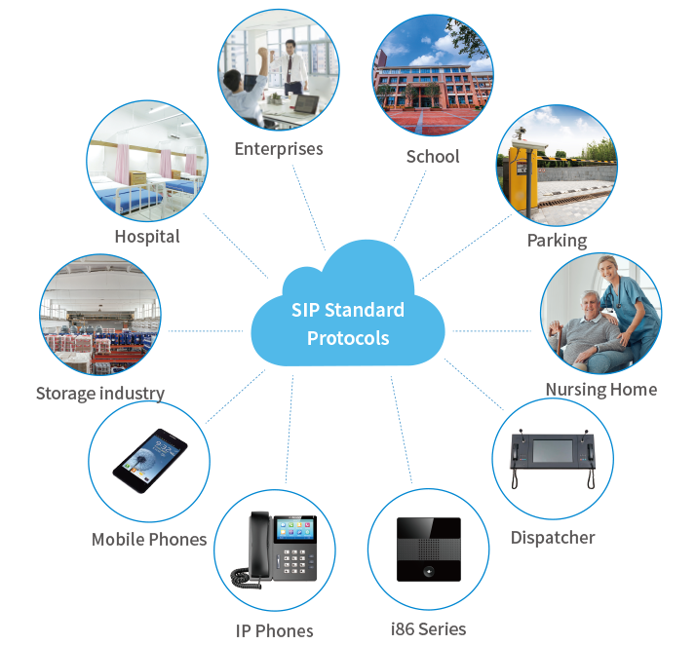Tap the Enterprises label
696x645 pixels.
278,149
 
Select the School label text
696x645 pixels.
432,156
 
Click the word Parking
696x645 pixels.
557,240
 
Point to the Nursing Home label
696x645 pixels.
600,390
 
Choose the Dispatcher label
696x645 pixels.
553,537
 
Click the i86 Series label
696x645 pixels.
428,628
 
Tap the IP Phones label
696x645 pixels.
274,630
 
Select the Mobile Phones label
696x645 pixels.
149,539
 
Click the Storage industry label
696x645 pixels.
99,394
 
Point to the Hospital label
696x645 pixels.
147,236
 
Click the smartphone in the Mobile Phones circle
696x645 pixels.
149,461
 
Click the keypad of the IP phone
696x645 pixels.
293,562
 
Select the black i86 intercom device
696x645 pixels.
428,550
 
